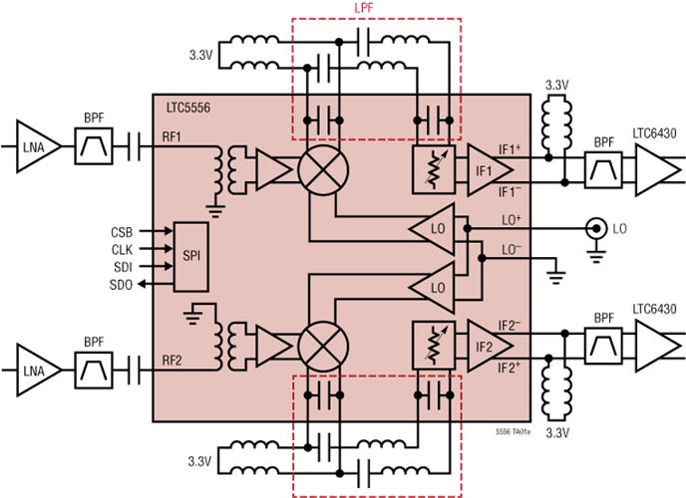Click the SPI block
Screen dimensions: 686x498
coord(191,256)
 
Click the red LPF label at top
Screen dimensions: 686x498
coord(364,8)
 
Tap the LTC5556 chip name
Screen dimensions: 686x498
coord(188,108)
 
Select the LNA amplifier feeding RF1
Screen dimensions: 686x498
coord(39,146)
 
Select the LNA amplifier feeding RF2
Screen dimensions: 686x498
coord(39,371)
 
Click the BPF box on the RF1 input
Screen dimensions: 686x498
coord(94,146)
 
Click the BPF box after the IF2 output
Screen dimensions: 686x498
coord(604,346)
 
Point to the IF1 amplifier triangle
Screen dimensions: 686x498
coord(490,170)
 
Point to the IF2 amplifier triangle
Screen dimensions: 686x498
coord(490,347)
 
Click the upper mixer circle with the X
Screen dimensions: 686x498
coord(323,170)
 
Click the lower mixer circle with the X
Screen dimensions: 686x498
coord(323,347)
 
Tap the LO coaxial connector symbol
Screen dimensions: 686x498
coord(596,228)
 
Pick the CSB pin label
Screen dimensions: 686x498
coord(122,232)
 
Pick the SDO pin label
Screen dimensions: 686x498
coord(121,285)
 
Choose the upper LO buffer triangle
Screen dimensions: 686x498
coord(432,228)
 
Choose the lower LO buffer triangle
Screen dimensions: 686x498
coord(432,288)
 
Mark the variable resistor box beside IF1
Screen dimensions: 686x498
coord(434,170)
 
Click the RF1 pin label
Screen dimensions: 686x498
coord(171,137)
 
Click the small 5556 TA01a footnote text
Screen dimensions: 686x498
coord(513,431)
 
